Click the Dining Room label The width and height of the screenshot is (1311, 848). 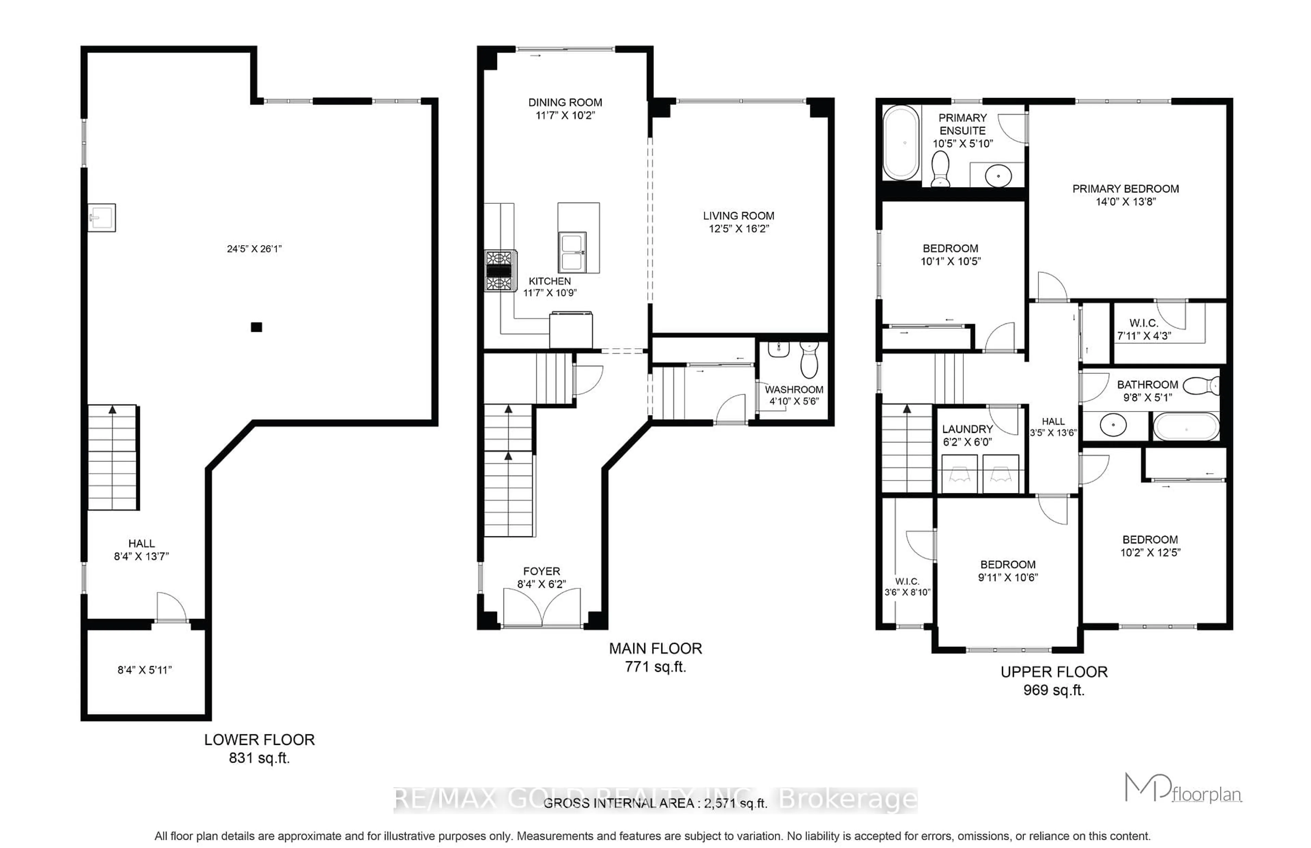click(x=565, y=102)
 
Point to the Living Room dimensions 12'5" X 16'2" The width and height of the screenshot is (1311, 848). click(x=738, y=228)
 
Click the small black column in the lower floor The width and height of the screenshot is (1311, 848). click(x=256, y=327)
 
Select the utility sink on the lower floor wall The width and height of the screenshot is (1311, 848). click(x=102, y=217)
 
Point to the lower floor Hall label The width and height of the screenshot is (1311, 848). click(x=141, y=543)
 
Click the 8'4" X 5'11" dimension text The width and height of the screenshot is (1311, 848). click(x=145, y=670)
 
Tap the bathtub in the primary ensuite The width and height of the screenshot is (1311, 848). click(x=901, y=143)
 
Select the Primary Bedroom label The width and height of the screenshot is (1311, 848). click(x=1125, y=189)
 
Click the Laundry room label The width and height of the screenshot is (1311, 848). click(x=968, y=429)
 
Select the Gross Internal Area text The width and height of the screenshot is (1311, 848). click(x=655, y=803)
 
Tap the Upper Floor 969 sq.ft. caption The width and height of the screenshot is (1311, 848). click(x=1054, y=681)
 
